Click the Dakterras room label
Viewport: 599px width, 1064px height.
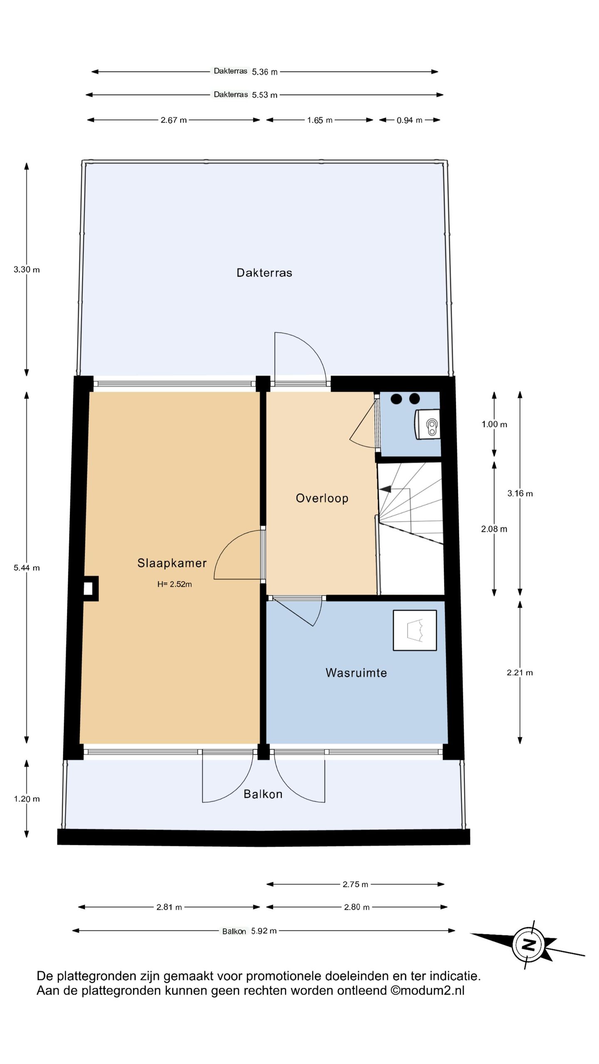click(264, 273)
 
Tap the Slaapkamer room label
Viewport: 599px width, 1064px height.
click(172, 563)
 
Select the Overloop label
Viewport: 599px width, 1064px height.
click(322, 498)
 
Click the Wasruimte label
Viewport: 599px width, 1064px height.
click(356, 672)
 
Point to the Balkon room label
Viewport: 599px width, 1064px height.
click(263, 794)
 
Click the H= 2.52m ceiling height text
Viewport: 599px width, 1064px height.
click(174, 584)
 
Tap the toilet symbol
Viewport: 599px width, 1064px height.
click(427, 424)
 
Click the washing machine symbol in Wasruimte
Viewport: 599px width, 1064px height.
click(415, 630)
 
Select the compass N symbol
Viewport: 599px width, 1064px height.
click(528, 945)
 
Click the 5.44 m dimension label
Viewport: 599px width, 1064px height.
click(27, 568)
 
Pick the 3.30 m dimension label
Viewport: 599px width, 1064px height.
click(27, 269)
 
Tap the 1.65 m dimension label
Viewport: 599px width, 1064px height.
click(319, 120)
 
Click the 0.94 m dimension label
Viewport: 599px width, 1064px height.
click(409, 120)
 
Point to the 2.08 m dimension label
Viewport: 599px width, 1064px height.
click(494, 529)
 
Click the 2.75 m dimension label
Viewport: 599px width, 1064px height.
click(355, 884)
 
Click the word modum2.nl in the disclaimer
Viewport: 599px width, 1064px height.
click(432, 990)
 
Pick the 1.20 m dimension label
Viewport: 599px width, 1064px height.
click(27, 799)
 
